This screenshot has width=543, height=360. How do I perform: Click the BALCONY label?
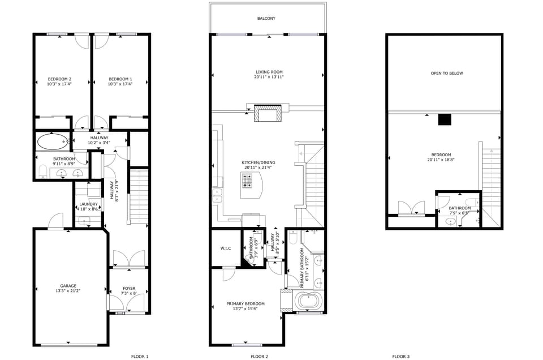click(266, 19)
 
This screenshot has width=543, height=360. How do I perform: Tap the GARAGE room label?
click(68, 286)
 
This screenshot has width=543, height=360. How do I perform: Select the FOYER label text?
click(129, 289)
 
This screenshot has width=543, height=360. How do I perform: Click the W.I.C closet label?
click(225, 248)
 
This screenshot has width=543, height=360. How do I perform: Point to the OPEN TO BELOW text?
click(447, 73)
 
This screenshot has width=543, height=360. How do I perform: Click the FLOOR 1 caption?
click(139, 357)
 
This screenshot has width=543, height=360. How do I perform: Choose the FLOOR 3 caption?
click(401, 357)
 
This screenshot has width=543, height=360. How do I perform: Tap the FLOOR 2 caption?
click(259, 357)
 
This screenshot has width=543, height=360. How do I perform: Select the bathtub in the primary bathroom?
click(309, 301)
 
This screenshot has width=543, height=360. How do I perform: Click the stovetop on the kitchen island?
click(248, 181)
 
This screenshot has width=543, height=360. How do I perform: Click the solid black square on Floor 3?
click(445, 119)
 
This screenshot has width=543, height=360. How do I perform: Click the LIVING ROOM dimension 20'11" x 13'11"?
click(269, 77)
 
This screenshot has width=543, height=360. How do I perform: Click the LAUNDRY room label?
click(88, 204)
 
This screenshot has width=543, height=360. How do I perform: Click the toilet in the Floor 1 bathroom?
click(43, 171)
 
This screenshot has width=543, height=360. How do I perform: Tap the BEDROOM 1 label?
click(120, 79)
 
